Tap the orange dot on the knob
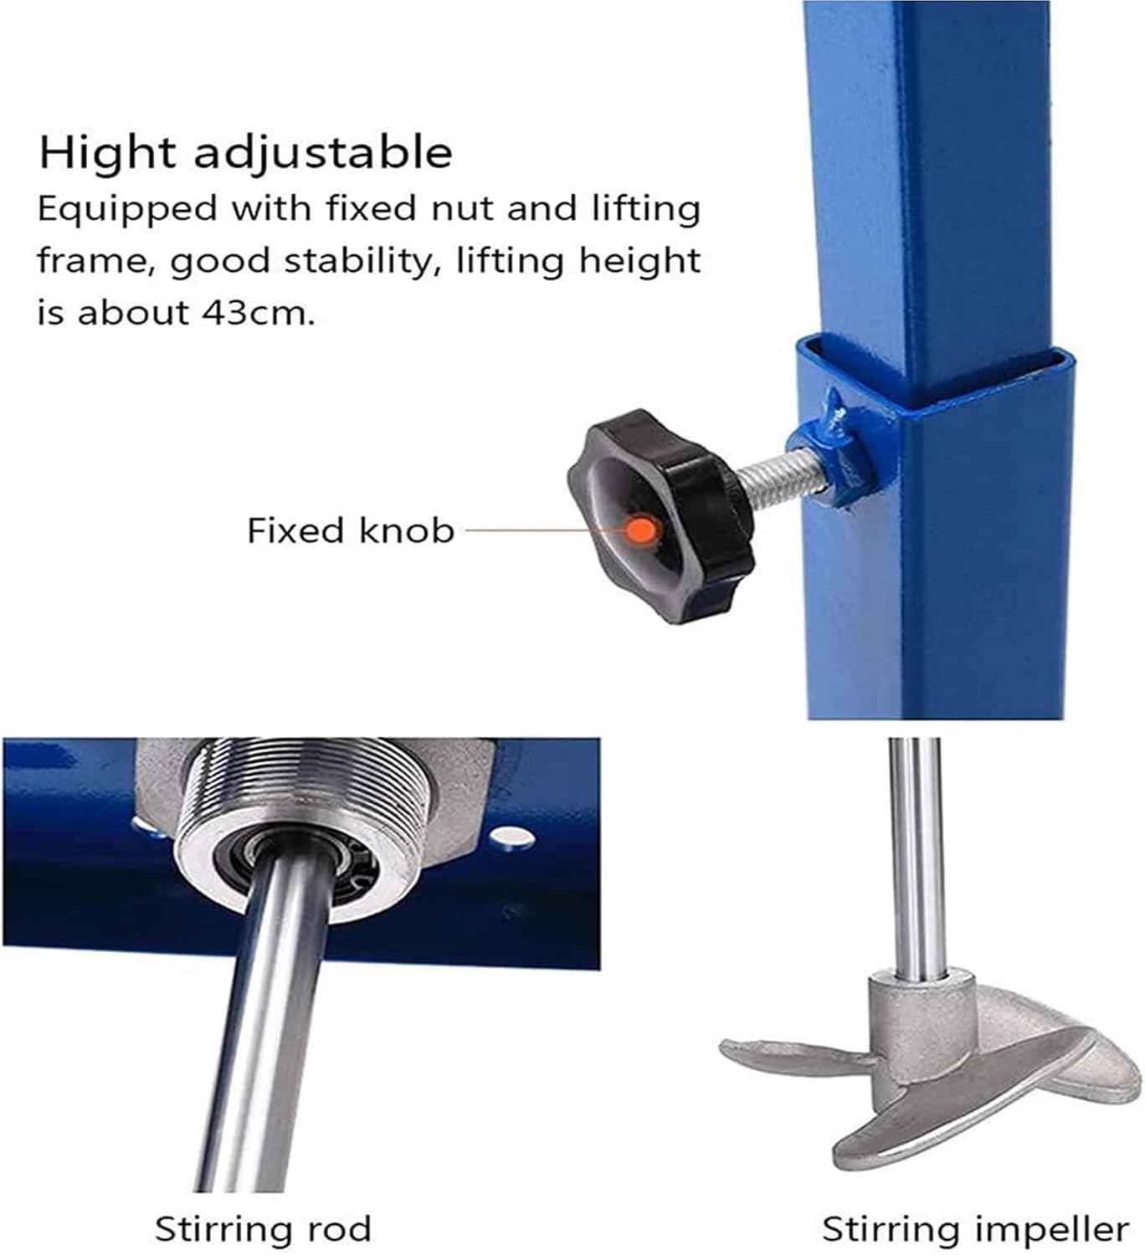point(643,528)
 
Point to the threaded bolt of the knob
point(774,475)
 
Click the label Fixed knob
point(350,530)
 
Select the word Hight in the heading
point(108,153)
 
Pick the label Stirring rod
point(263,1229)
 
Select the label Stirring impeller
point(976,1229)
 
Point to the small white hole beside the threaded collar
point(511,838)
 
